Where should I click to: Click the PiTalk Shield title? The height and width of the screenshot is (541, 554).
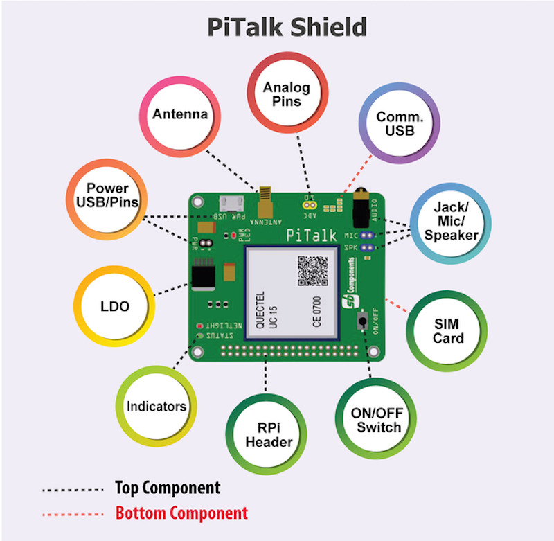[x=287, y=27]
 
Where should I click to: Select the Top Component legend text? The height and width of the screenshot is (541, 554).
[x=168, y=488]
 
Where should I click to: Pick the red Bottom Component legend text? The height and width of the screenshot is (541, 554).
[x=181, y=513]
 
